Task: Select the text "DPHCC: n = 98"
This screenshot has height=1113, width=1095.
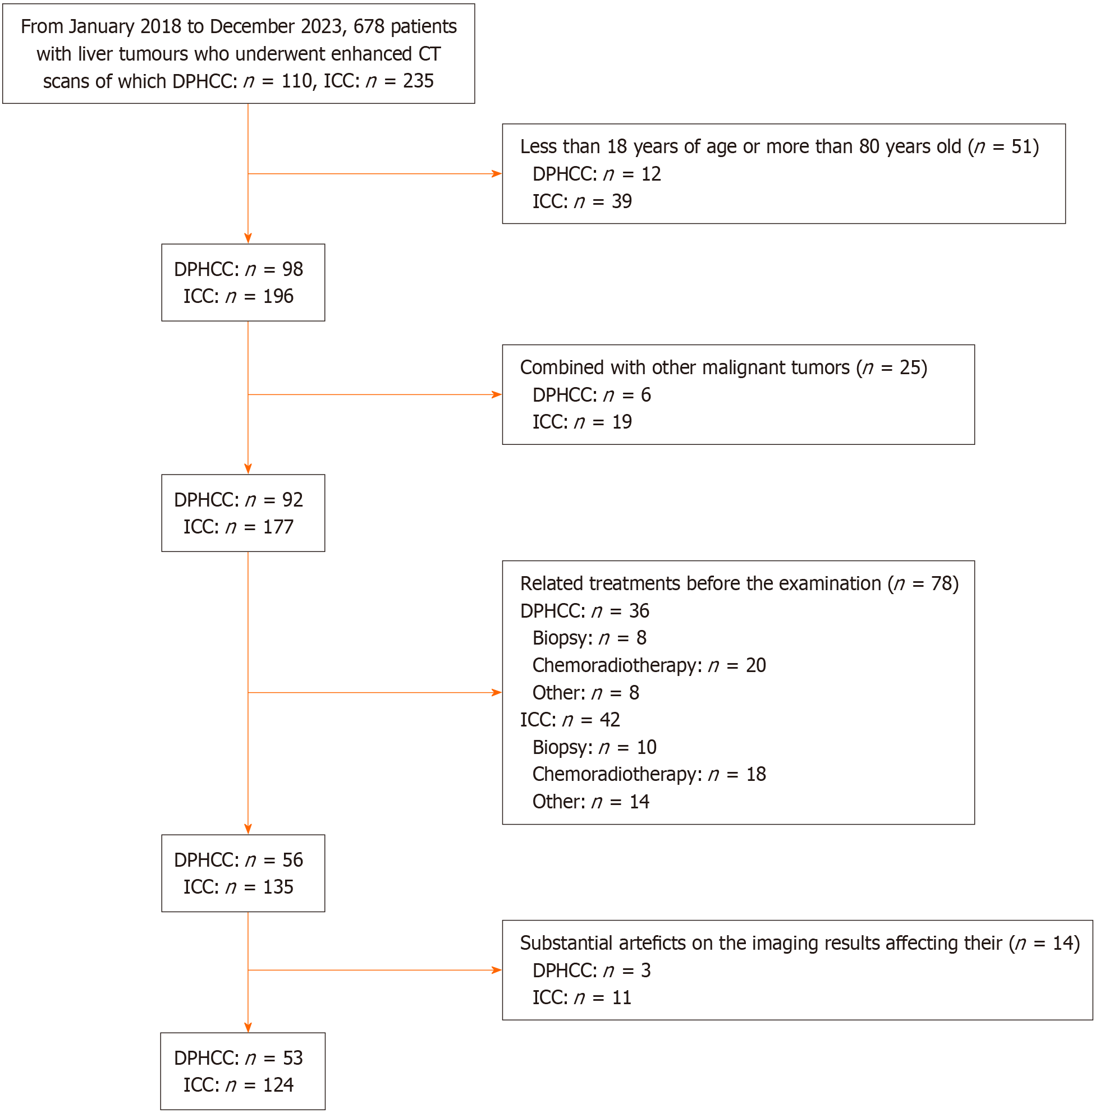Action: (x=238, y=269)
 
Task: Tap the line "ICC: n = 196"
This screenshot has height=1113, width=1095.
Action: (x=238, y=296)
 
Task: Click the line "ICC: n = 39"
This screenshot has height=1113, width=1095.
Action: (x=582, y=201)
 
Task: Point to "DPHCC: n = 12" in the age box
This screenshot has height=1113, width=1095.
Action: (x=597, y=173)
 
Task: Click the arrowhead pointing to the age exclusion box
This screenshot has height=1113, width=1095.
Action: (x=497, y=173)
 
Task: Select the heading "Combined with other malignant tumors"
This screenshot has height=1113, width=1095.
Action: (x=684, y=367)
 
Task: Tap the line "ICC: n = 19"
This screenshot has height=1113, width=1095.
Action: (x=582, y=422)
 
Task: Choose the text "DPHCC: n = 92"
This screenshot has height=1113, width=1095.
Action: (x=238, y=500)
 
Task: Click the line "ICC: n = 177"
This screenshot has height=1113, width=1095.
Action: (x=238, y=527)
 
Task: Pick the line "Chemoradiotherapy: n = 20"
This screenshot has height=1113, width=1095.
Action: (x=649, y=665)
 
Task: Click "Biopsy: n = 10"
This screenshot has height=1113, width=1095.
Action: (x=594, y=747)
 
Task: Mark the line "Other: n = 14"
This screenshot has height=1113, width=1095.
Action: (x=590, y=802)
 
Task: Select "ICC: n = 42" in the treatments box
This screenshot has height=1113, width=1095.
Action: (x=570, y=720)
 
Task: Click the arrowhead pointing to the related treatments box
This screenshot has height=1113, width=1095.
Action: (x=497, y=693)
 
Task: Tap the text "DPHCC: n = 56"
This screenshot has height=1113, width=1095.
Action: (x=238, y=860)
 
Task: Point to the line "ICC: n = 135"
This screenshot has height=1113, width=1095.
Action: (x=238, y=887)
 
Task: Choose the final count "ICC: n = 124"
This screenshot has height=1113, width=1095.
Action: (x=238, y=1085)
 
